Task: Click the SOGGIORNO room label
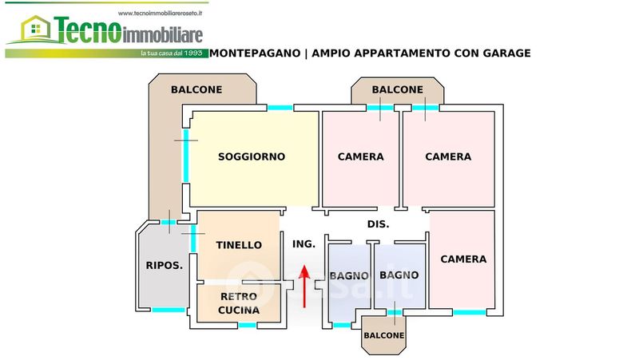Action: click(x=252, y=156)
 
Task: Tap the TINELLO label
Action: click(x=239, y=245)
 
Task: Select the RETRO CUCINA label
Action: click(x=239, y=303)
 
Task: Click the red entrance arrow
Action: click(x=304, y=287)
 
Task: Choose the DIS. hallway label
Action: click(x=378, y=224)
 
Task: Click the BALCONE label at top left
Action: click(x=196, y=89)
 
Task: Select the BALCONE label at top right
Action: click(x=397, y=89)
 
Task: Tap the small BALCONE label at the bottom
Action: click(x=384, y=335)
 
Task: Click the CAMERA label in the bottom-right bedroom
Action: click(x=463, y=259)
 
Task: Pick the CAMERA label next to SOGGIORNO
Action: click(x=361, y=156)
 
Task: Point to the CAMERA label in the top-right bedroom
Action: click(x=448, y=156)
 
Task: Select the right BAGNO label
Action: click(x=399, y=275)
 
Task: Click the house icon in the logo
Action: click(x=34, y=31)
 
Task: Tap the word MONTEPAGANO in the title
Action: click(x=256, y=53)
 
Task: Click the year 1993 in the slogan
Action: click(x=195, y=53)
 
